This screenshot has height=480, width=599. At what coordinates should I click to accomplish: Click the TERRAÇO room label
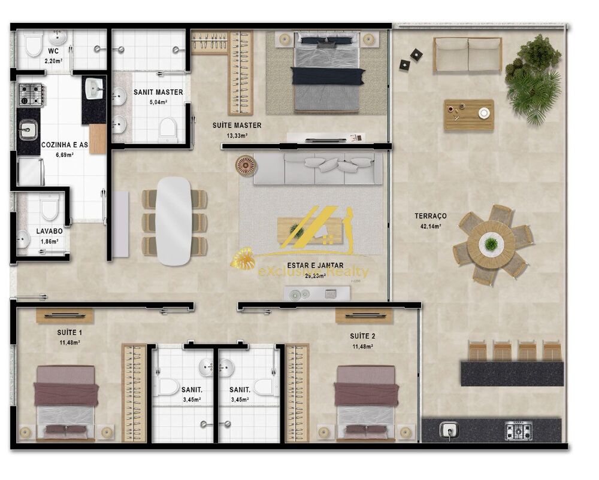coord(430,215)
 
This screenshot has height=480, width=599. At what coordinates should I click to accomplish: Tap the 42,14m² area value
coord(430,226)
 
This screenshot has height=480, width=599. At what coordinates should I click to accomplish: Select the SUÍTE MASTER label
coord(237,126)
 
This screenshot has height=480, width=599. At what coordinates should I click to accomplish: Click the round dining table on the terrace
coord(491,244)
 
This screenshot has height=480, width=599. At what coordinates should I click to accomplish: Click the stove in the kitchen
coord(31,95)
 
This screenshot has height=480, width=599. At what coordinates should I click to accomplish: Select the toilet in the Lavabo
coord(49,208)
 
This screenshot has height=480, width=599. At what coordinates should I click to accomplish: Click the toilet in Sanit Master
coord(168,129)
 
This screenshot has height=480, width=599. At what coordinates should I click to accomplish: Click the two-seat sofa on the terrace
coord(467,54)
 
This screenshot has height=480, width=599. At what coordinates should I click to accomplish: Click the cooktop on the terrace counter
coord(518,430)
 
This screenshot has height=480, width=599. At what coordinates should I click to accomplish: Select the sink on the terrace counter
coord(449,430)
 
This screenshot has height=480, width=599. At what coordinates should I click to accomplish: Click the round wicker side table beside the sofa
coord(245,165)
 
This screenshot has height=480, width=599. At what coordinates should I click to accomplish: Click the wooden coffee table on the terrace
coord(468,114)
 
